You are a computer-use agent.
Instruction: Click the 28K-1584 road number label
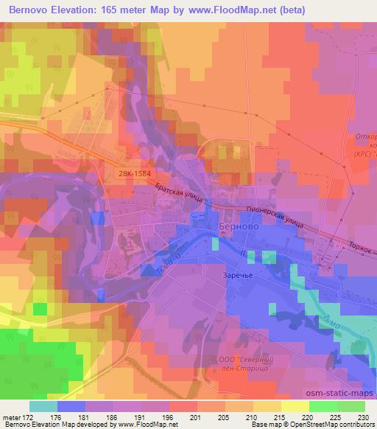[x=134, y=172]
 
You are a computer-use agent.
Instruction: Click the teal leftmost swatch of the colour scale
[x=43, y=406]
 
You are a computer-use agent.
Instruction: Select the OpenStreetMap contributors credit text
[x=331, y=425]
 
